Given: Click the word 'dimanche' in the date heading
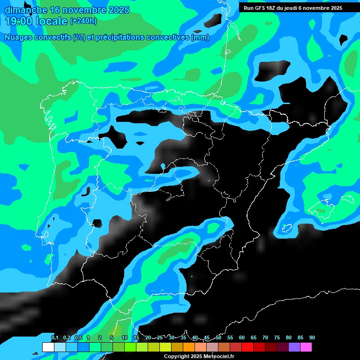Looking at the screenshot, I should pos(26,10).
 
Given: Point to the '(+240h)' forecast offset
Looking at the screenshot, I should pos(83,21).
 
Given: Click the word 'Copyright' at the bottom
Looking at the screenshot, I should pos(176,357).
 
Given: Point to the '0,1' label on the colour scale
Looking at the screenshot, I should pos(55,337).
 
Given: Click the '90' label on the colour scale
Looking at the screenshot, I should pos(312,337).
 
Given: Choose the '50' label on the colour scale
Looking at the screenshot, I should pos(218,337).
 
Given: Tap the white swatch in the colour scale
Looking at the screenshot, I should pos(48,347).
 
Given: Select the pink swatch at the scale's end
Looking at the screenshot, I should pos(306,347).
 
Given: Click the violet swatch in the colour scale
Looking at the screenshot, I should pos(294,347).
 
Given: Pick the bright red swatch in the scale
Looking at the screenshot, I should pos(247,347).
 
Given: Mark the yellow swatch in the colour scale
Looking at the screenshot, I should pos(165,347).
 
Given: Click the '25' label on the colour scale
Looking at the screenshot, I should pos(160,337).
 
